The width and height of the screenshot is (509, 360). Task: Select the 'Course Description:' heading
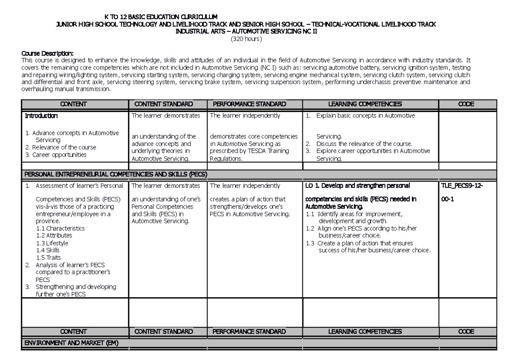[47, 53]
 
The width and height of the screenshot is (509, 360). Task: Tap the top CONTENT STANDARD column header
[163, 104]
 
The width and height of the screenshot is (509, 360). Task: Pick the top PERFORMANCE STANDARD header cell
[249, 104]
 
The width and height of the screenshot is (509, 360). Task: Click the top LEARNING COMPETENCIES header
[365, 104]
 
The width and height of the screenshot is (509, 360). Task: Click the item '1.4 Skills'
[49, 250]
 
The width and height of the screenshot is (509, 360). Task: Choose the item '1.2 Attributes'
[54, 235]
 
